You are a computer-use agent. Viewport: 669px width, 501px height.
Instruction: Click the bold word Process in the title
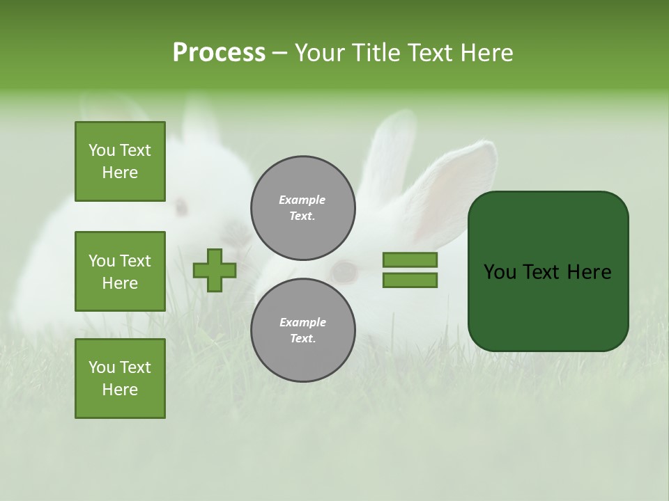pyautogui.click(x=219, y=52)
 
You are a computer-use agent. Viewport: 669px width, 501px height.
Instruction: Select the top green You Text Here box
pyautogui.click(x=120, y=161)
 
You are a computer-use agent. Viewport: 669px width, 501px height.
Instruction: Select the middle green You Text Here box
pyautogui.click(x=120, y=271)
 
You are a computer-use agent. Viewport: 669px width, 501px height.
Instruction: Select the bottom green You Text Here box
pyautogui.click(x=120, y=379)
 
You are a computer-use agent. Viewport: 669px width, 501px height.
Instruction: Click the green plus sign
pyautogui.click(x=215, y=270)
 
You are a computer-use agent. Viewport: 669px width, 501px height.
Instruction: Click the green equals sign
pyautogui.click(x=410, y=270)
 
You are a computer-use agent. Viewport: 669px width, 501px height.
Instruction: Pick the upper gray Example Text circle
pyautogui.click(x=302, y=207)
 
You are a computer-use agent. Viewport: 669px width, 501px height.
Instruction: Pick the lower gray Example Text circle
pyautogui.click(x=302, y=330)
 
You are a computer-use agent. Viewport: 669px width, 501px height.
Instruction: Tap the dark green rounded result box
pyautogui.click(x=548, y=271)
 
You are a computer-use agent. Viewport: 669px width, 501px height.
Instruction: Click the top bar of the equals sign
pyautogui.click(x=410, y=260)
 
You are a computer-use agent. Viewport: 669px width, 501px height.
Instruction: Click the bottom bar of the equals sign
pyautogui.click(x=410, y=280)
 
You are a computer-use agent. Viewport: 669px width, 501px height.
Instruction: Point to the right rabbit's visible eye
pyautogui.click(x=344, y=271)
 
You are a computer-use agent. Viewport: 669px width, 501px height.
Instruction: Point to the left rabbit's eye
pyautogui.click(x=181, y=206)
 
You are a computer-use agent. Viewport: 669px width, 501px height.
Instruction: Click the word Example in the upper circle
pyautogui.click(x=302, y=200)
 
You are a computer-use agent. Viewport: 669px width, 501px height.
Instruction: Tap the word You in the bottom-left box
pyautogui.click(x=101, y=367)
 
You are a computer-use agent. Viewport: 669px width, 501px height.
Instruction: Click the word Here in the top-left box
pyautogui.click(x=120, y=173)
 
